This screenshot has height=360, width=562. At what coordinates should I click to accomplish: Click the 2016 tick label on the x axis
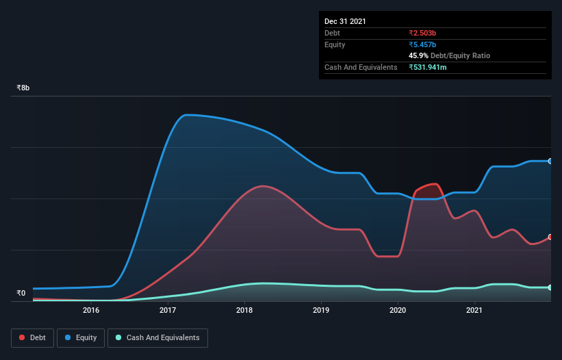[x=91, y=311]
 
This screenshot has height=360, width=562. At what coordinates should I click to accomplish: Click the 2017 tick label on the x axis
[x=168, y=311]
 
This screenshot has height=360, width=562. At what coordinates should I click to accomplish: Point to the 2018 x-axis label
[x=245, y=311]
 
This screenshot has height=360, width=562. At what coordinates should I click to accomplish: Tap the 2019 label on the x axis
[x=321, y=311]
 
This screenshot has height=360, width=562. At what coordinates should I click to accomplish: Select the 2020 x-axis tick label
[x=398, y=311]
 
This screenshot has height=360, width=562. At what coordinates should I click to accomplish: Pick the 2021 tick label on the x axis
[x=474, y=311]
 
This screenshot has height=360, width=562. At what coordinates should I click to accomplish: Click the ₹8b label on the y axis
[x=23, y=88]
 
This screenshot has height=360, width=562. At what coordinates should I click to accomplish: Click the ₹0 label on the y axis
[x=21, y=294]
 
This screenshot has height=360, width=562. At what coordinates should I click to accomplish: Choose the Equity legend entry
[x=81, y=337]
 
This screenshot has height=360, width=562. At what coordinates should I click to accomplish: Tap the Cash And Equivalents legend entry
[x=157, y=337]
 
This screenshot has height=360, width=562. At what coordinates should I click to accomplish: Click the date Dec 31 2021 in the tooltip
[x=345, y=21]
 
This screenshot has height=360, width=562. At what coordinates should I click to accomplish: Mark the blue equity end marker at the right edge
[x=550, y=162]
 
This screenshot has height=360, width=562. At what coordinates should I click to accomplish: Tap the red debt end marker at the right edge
[x=550, y=237]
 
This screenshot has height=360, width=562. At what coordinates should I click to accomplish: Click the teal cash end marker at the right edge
[x=550, y=287]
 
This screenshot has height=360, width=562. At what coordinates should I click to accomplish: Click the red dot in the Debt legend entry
[x=23, y=337]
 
